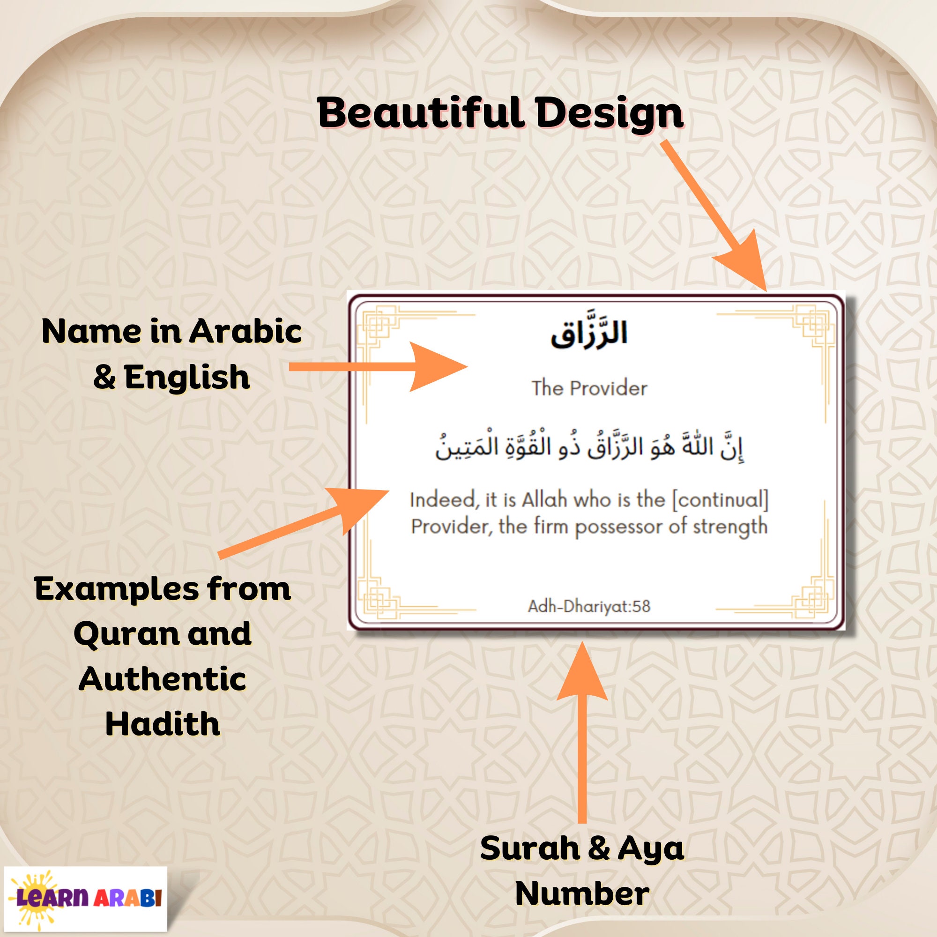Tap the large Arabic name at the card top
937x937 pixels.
tap(589, 334)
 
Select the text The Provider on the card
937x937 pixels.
tap(589, 388)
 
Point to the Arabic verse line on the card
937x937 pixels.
tap(589, 446)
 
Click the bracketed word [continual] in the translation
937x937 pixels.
tap(720, 500)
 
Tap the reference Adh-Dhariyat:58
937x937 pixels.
tap(589, 606)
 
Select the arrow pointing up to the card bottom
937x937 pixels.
tap(582, 728)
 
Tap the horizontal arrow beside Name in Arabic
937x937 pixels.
tap(378, 367)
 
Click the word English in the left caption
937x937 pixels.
tap(187, 377)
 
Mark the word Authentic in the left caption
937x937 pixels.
tap(163, 678)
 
